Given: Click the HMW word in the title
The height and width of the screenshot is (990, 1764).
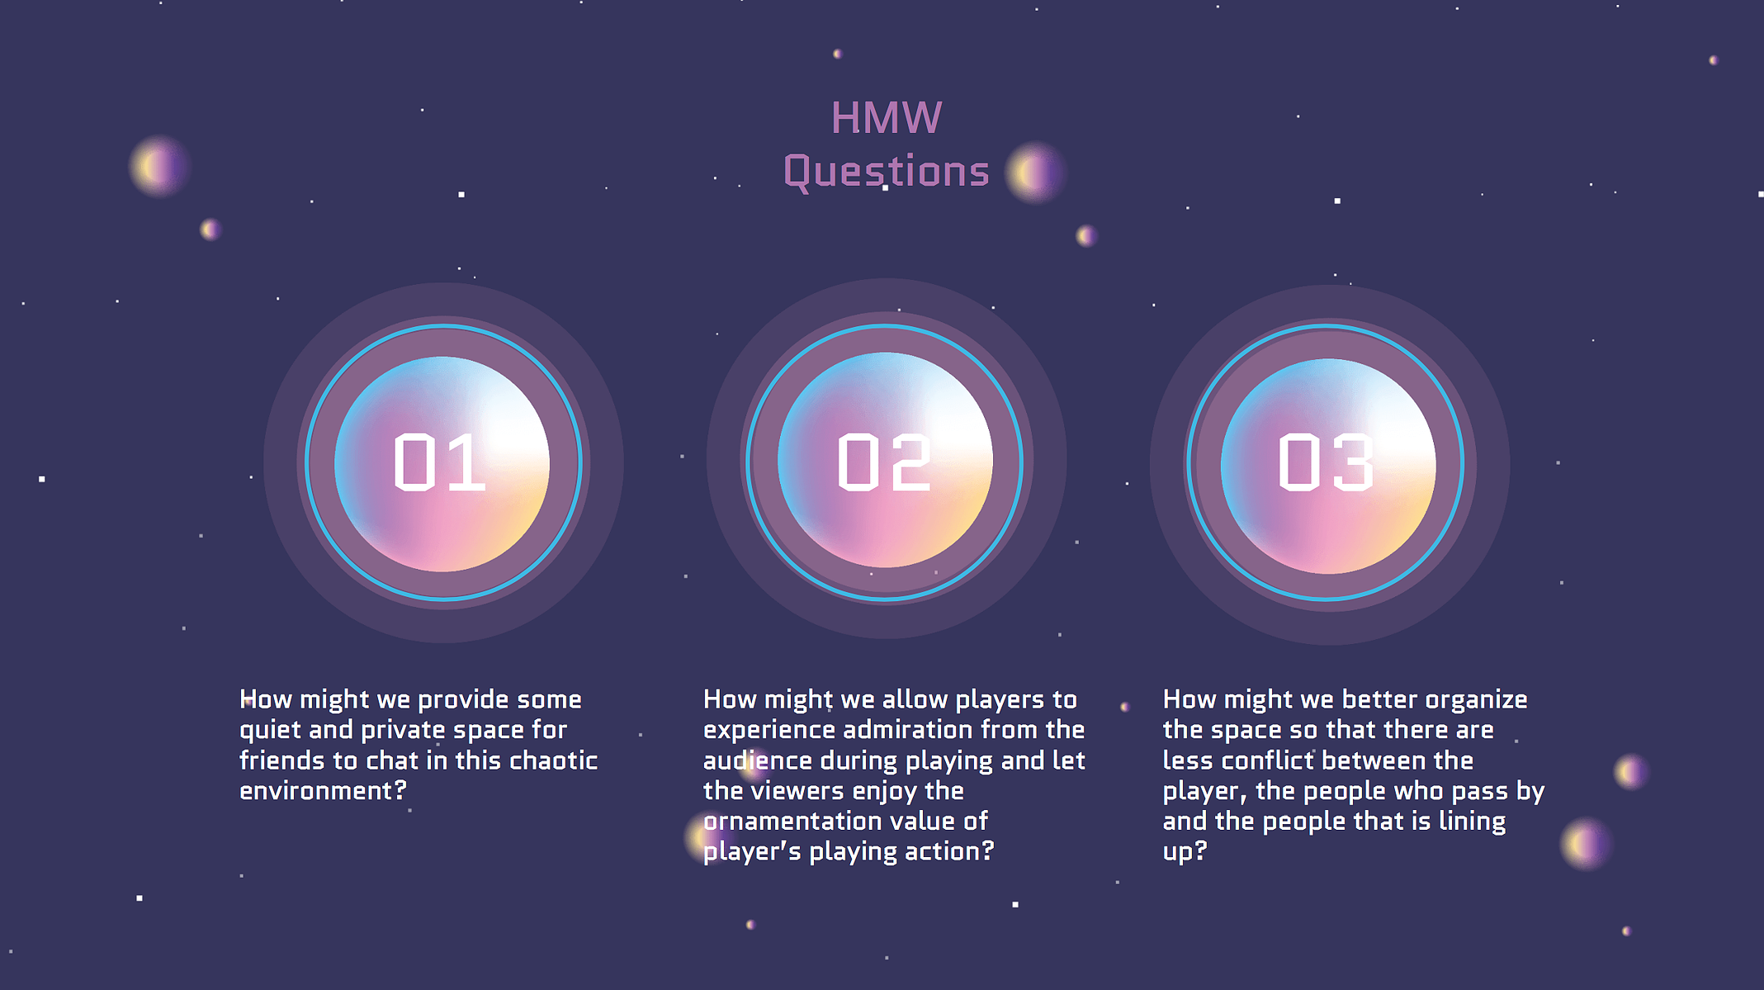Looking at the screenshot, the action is tap(886, 118).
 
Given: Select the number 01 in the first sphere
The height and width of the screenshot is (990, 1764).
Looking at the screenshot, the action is tap(439, 462).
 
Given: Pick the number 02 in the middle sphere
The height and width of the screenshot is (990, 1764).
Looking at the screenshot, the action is tap(884, 462).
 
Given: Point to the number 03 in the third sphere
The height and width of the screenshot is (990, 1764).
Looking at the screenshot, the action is tap(1327, 462).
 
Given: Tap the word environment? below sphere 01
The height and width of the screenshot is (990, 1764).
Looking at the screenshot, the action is tap(324, 791).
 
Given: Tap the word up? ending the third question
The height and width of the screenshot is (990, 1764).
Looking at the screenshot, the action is tap(1185, 852).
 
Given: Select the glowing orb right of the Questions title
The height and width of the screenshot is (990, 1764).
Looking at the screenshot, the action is tap(1035, 173).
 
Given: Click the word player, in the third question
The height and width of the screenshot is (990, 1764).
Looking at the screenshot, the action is tap(1204, 792).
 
